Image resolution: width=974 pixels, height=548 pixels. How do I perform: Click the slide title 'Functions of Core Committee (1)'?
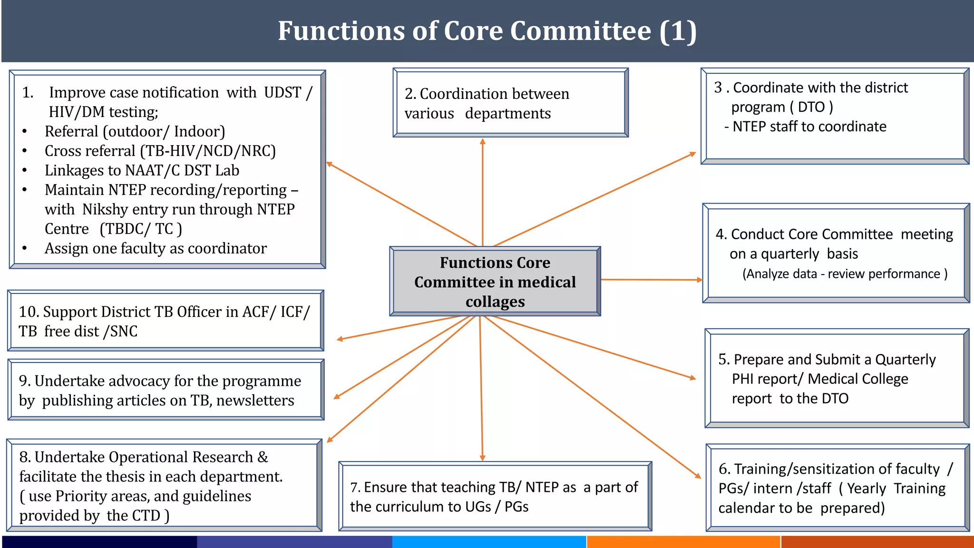coord(487,31)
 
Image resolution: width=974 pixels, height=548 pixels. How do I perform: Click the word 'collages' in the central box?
coord(495,302)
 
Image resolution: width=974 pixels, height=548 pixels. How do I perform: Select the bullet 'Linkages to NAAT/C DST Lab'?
coord(142,170)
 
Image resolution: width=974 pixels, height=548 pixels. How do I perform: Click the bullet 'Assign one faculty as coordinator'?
coord(156,248)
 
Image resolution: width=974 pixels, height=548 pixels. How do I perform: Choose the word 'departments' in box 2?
coord(507,114)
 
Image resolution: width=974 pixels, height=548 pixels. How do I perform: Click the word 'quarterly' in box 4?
coord(790,254)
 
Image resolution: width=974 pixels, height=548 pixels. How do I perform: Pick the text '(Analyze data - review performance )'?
coord(845,274)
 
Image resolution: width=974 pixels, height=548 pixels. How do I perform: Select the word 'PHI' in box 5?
coord(743,379)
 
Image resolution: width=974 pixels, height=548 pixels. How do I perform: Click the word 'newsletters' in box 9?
coord(255,401)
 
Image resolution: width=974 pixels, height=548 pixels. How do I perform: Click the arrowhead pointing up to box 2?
coord(482,142)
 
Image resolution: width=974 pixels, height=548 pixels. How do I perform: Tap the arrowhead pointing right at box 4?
coord(700,280)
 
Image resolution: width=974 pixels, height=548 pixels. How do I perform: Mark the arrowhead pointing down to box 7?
coord(482,458)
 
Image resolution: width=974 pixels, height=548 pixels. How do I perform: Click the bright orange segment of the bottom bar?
coord(683,542)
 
